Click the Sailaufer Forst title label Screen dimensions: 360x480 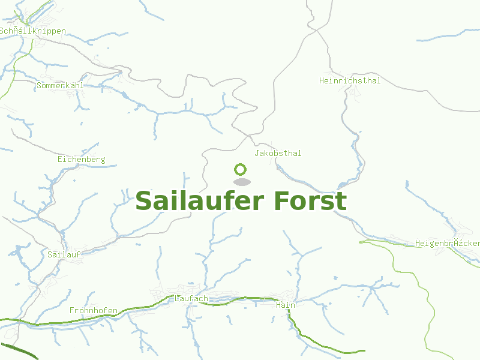pos(241,201)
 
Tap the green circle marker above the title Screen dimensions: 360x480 pos(241,169)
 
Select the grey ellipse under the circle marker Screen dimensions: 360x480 pos(241,182)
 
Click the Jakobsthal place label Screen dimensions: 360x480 pos(278,154)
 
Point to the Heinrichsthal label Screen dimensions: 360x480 pos(350,80)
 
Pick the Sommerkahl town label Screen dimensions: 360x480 pos(59,86)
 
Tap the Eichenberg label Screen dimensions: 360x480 pos(81,160)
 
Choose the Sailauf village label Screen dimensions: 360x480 pos(64,254)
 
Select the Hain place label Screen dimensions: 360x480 pos(286,305)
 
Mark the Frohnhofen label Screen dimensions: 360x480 pos(93,311)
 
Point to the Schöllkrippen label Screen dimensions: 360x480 pos(33,31)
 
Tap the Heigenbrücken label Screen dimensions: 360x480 pos(448,244)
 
